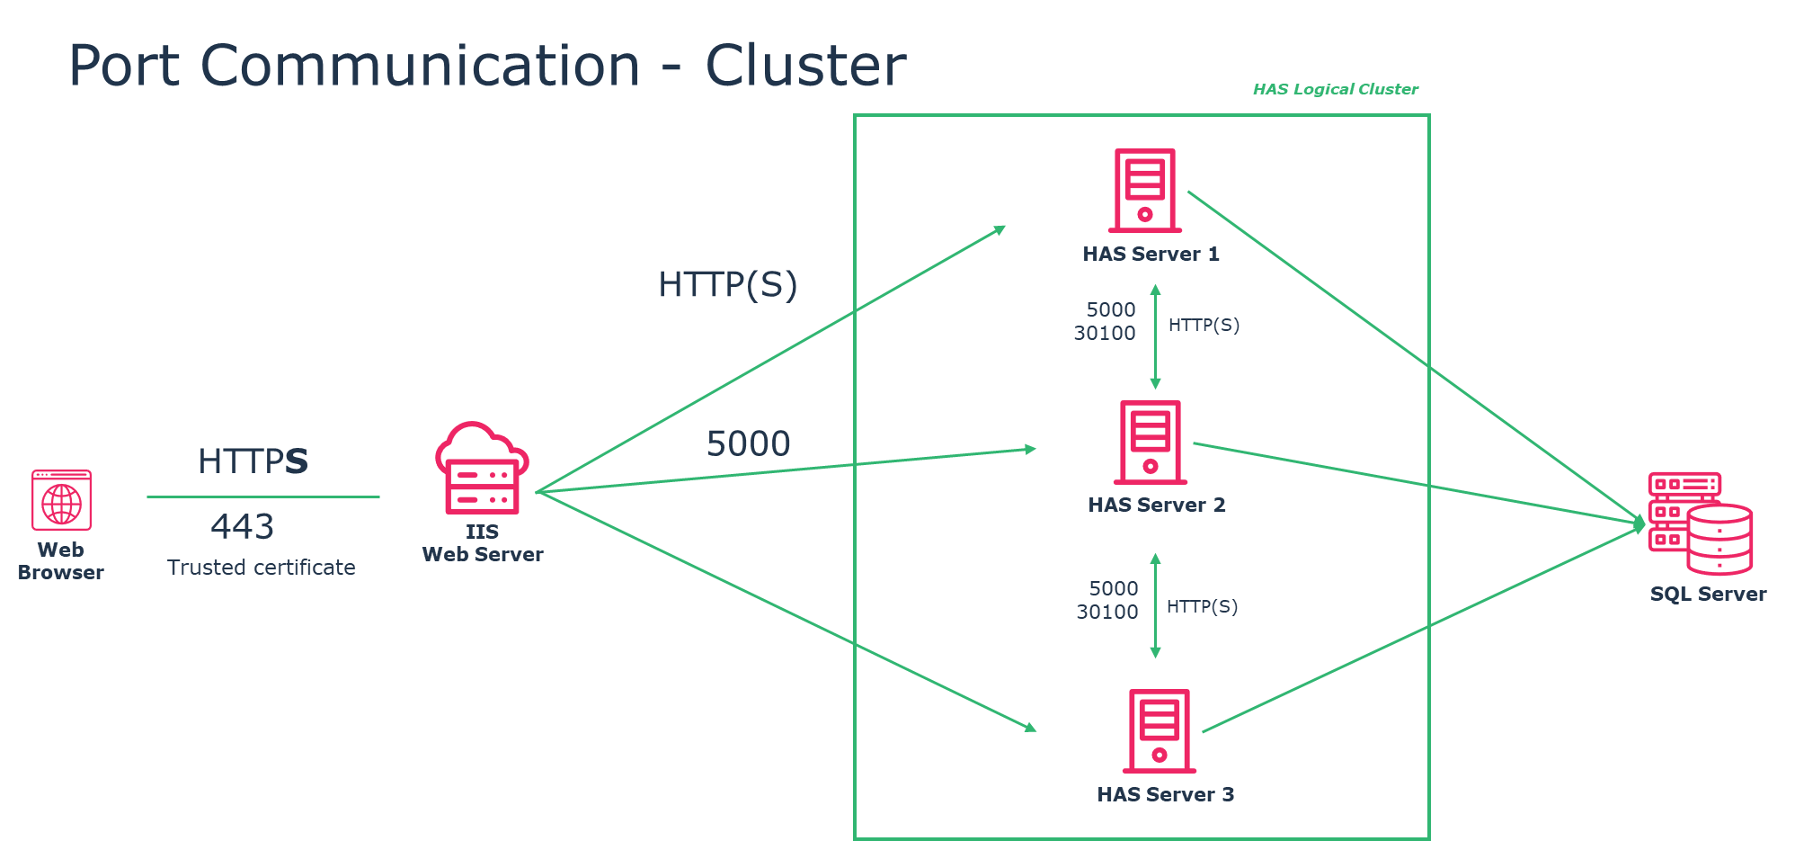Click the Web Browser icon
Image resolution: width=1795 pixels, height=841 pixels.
[x=61, y=500]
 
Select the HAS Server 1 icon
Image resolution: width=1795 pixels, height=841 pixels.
[x=1145, y=190]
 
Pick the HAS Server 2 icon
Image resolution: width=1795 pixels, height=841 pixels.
[x=1151, y=442]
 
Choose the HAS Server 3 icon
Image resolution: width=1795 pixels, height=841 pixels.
[x=1160, y=730]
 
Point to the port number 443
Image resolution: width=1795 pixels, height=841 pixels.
[x=243, y=526]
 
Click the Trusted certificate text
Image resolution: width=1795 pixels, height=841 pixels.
[x=261, y=568]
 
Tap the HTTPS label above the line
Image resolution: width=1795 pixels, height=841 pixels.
[x=253, y=461]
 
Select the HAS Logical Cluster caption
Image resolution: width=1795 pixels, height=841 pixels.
[x=1336, y=89]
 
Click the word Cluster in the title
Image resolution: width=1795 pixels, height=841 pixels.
[x=805, y=66]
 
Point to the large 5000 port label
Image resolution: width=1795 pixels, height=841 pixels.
[x=749, y=443]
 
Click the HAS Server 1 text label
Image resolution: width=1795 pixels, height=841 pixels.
[x=1151, y=255]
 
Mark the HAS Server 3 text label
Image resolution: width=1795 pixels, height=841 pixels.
[x=1165, y=795]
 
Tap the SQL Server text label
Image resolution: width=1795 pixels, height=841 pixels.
[x=1708, y=595]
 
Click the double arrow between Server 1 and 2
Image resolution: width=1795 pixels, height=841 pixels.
[x=1156, y=336]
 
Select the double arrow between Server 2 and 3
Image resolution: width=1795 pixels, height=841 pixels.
[x=1156, y=605]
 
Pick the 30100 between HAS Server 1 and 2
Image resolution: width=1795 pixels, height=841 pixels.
[x=1105, y=334]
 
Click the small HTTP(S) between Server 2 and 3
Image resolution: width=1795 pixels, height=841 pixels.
[x=1202, y=607]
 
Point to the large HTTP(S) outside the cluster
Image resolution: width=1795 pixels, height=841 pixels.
[x=728, y=285]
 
